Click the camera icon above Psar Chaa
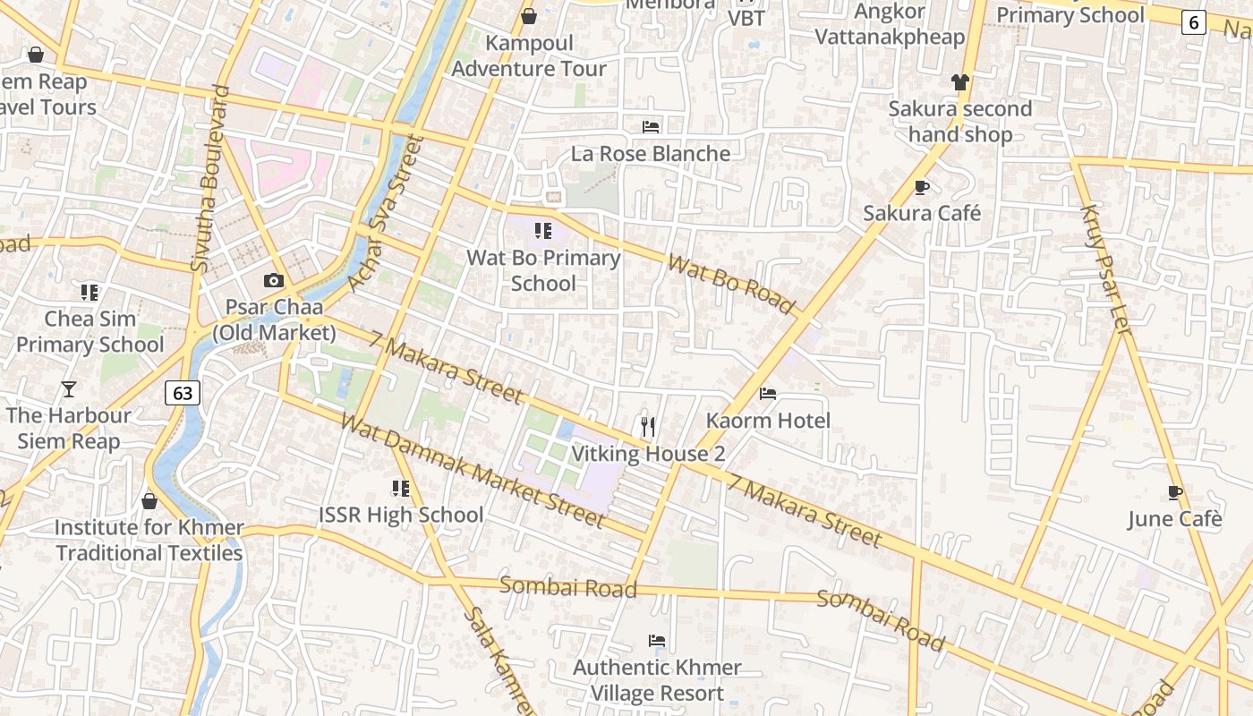tap(274, 281)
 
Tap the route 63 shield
tap(183, 392)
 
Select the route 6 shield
tap(1193, 22)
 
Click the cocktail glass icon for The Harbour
tap(69, 388)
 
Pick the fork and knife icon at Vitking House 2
tap(648, 426)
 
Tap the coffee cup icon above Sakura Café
tap(922, 187)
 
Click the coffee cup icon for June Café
tap(1174, 492)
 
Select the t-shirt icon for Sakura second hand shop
tap(960, 82)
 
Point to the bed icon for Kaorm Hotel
tap(767, 394)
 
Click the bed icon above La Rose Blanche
tap(651, 127)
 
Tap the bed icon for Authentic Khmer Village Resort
tap(656, 641)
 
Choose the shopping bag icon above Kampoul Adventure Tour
tap(529, 16)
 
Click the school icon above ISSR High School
tap(400, 488)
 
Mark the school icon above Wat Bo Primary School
tap(542, 231)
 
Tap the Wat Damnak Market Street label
tap(473, 471)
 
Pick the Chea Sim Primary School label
tap(90, 331)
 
